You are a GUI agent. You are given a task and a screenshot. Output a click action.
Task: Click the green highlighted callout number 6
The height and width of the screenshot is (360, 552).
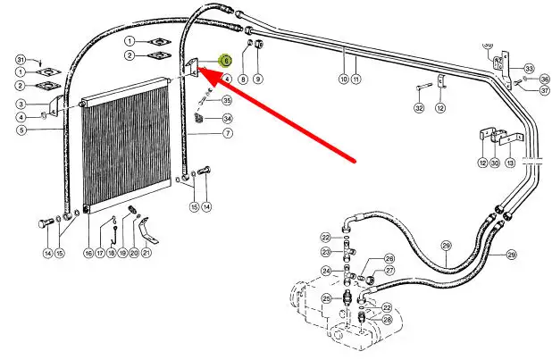226,61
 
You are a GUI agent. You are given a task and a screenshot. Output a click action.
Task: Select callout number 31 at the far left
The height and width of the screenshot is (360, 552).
21,59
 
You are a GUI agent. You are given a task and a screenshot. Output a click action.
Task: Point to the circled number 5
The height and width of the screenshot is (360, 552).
21,130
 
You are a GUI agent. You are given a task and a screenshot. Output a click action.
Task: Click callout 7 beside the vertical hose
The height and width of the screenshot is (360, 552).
227,133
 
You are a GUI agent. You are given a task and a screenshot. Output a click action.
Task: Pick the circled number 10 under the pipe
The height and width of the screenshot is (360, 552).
343,80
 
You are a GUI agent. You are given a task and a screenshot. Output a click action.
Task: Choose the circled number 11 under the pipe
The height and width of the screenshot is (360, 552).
355,80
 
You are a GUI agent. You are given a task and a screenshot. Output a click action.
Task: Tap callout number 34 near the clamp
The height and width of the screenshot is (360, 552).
227,118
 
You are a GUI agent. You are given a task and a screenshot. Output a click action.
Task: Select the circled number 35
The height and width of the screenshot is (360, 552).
227,100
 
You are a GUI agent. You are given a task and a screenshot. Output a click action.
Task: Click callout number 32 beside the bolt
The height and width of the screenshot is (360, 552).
418,108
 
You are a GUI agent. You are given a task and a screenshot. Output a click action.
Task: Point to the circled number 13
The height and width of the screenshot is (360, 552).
509,163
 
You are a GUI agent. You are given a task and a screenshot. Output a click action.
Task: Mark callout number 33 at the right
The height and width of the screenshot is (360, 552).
529,69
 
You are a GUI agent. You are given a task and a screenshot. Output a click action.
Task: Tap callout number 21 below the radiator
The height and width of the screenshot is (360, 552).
146,254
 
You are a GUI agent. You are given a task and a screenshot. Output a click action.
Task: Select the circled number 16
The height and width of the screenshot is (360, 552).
88,254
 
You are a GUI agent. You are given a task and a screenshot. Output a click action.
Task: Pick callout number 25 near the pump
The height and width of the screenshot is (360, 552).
326,297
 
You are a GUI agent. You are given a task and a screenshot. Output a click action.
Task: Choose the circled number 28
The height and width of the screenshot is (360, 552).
387,319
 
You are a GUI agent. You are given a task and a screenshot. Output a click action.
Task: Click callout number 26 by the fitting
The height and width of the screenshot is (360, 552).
389,259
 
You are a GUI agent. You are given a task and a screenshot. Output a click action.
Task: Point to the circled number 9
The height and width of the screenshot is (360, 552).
258,79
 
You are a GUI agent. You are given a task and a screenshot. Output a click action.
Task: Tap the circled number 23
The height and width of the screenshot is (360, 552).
326,253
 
